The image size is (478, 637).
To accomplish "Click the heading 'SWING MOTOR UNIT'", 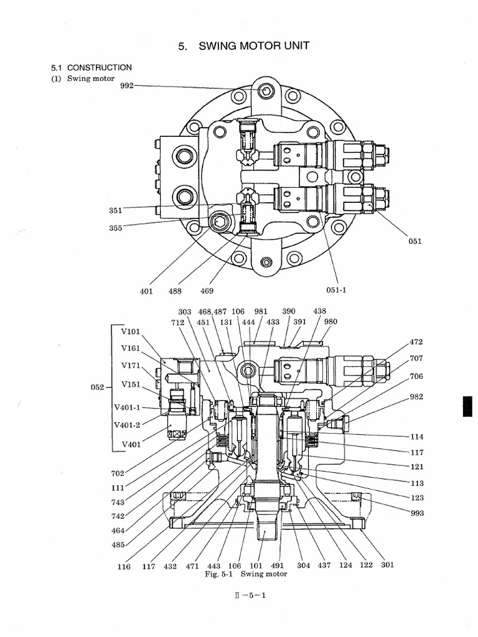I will (244, 46).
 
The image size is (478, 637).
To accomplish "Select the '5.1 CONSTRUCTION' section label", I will (91, 67).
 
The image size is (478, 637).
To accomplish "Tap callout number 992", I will (127, 86).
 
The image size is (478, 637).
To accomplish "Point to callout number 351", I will (115, 210).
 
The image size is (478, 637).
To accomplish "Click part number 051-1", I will (336, 291).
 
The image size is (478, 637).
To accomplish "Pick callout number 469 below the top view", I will (207, 291).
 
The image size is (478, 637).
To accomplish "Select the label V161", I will (131, 348).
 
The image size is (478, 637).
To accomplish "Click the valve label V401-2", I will (128, 425).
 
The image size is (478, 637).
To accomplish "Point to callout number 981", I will (261, 311).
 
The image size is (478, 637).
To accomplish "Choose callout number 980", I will (330, 322).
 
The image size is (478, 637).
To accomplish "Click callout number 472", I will (416, 342).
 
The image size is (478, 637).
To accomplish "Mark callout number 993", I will (416, 513).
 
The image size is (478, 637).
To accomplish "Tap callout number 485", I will (118, 544).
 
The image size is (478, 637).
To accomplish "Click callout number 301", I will (388, 565).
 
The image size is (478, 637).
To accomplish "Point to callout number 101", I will (256, 566).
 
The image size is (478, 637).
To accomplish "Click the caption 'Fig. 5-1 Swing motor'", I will (246, 574).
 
